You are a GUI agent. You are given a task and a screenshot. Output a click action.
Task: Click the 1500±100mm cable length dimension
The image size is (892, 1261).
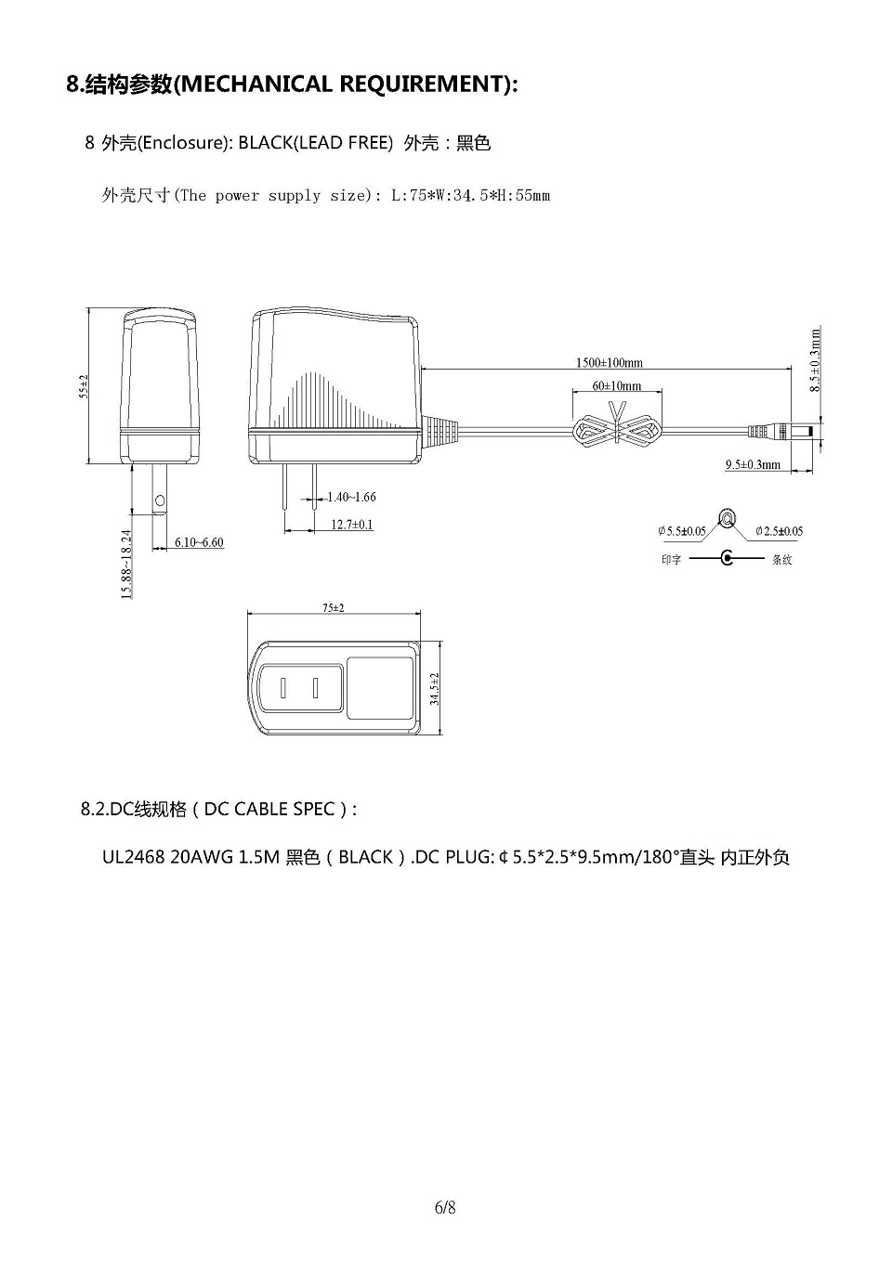[x=609, y=362]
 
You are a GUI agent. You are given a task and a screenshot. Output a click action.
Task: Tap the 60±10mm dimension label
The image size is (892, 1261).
[x=617, y=385]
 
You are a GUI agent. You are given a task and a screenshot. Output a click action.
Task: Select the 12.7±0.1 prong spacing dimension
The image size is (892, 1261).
[x=352, y=525]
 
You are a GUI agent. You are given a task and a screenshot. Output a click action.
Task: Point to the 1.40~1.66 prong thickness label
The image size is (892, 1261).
[x=352, y=497]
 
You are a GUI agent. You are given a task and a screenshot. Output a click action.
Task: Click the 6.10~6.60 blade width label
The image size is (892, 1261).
[x=199, y=542]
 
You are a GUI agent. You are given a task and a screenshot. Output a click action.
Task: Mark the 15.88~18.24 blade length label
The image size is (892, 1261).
[x=126, y=564]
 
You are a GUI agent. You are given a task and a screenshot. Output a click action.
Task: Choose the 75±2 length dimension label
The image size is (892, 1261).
[x=334, y=608]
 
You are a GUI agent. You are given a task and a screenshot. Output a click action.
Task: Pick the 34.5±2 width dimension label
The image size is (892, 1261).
[x=434, y=689]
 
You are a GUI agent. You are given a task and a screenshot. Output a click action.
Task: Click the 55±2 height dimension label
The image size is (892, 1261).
[x=84, y=386]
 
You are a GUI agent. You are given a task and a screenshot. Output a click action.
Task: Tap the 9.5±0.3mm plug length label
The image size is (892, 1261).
[x=753, y=464]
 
